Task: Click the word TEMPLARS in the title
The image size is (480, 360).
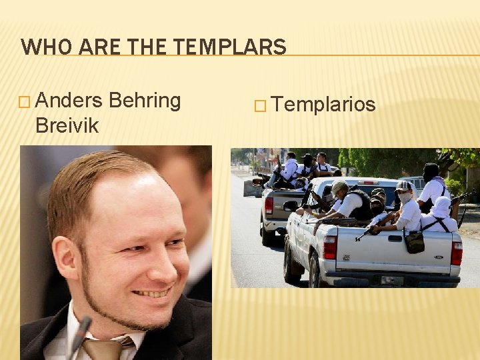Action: tap(234, 47)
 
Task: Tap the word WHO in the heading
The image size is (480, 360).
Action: tap(42, 47)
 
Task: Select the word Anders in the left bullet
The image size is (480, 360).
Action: tap(69, 101)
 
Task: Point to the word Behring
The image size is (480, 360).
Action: tap(145, 101)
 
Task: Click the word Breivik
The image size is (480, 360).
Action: tap(67, 125)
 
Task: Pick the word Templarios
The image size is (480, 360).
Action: tap(324, 105)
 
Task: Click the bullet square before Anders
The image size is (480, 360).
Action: tap(25, 102)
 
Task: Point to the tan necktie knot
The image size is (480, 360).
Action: tap(103, 348)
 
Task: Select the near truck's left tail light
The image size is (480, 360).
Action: tap(329, 247)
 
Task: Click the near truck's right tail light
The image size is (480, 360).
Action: tap(456, 253)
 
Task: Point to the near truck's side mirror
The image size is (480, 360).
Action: tap(290, 206)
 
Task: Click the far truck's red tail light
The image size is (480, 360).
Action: tap(269, 205)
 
